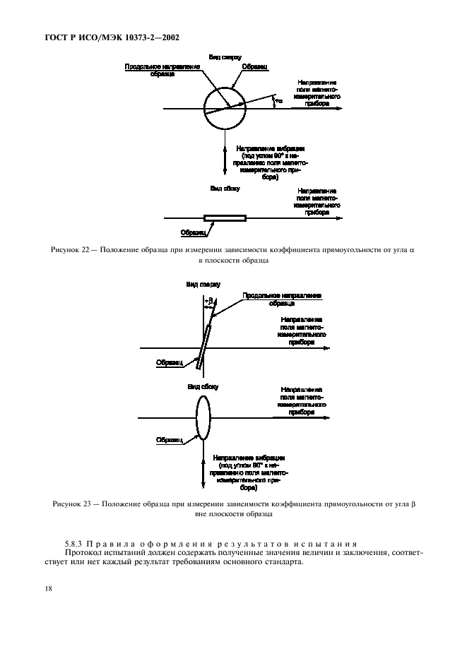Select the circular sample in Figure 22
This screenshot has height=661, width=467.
[223, 109]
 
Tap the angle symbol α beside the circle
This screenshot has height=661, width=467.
[278, 102]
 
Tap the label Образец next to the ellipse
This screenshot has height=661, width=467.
[170, 439]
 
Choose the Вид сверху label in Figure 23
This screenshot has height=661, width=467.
[203, 284]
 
